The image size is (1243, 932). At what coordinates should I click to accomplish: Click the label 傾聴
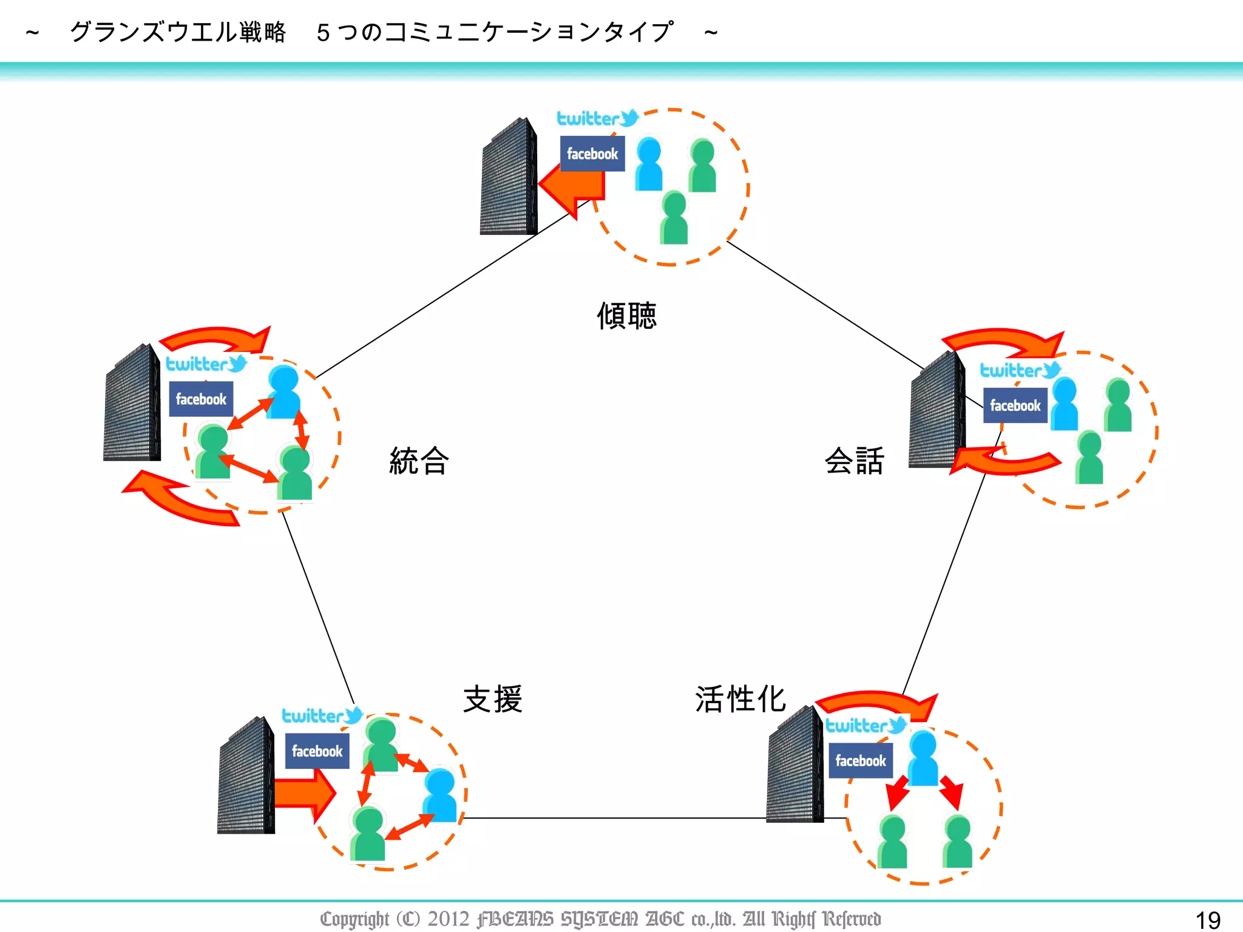pyautogui.click(x=626, y=316)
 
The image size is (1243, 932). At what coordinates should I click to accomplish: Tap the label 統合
pyautogui.click(x=419, y=461)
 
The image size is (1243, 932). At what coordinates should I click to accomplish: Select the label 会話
pyautogui.click(x=854, y=461)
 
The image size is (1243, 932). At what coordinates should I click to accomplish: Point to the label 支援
pyautogui.click(x=492, y=699)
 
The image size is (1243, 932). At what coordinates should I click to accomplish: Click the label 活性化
pyautogui.click(x=740, y=699)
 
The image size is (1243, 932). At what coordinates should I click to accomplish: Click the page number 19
pyautogui.click(x=1207, y=920)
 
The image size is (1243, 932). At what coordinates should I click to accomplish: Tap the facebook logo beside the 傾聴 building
pyautogui.click(x=592, y=154)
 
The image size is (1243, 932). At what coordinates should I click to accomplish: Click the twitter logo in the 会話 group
pyautogui.click(x=1020, y=370)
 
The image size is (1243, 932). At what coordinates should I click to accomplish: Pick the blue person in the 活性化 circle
pyautogui.click(x=923, y=758)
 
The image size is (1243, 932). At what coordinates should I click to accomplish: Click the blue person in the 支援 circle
pyautogui.click(x=440, y=795)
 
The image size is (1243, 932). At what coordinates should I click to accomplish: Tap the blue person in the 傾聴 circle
pyautogui.click(x=649, y=164)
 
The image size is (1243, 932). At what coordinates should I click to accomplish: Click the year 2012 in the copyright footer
pyautogui.click(x=449, y=919)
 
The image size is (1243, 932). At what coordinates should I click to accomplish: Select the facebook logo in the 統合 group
pyautogui.click(x=201, y=399)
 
